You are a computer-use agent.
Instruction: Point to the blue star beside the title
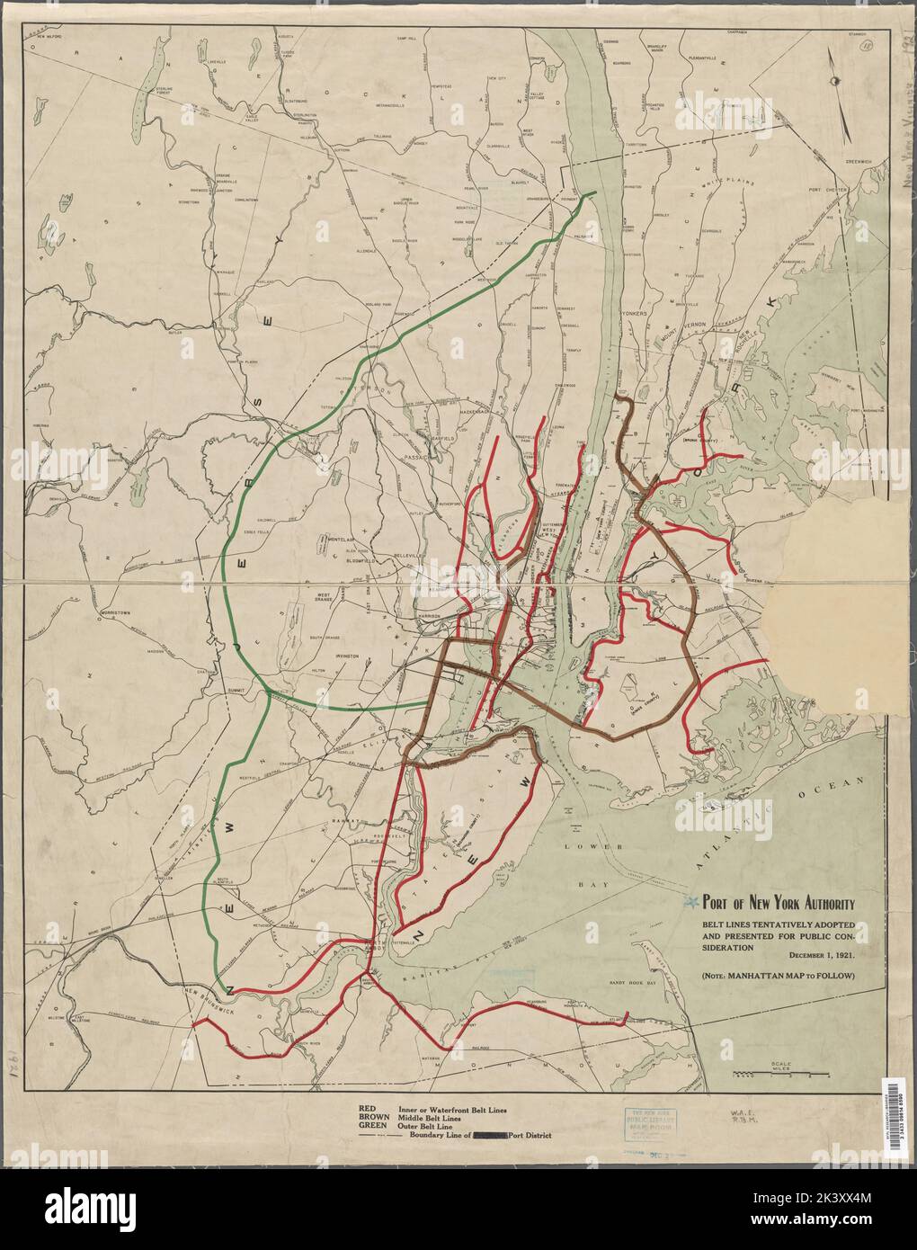(x=690, y=903)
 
